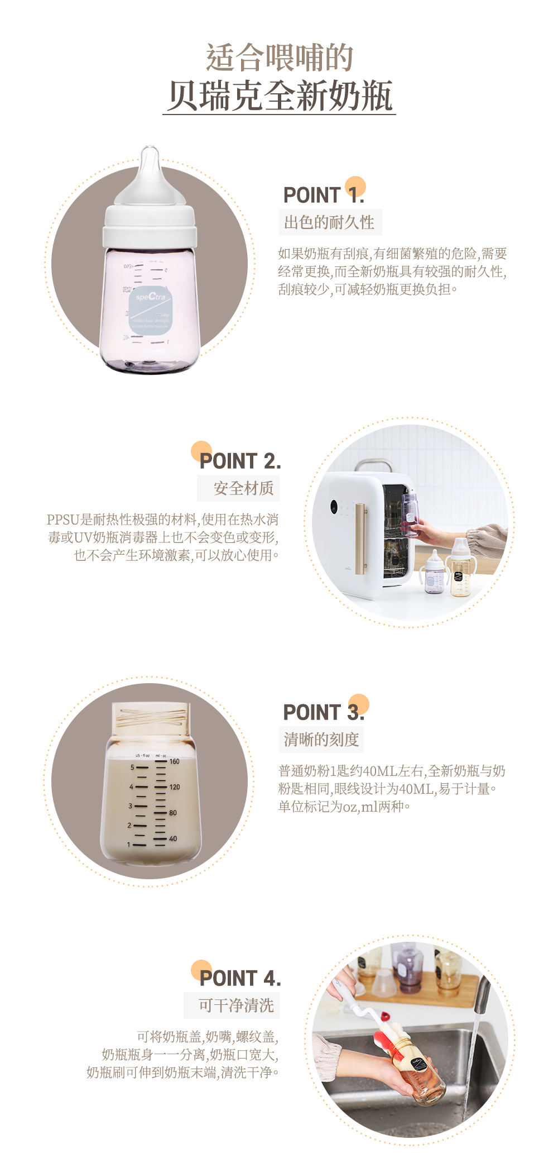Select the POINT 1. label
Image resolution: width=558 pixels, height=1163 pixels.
pyautogui.click(x=324, y=195)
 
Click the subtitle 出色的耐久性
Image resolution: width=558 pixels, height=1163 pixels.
pyautogui.click(x=329, y=222)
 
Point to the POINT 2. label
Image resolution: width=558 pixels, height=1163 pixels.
pyautogui.click(x=240, y=461)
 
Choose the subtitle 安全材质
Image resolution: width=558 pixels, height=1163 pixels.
pyautogui.click(x=243, y=488)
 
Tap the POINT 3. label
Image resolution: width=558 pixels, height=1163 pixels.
pyautogui.click(x=324, y=712)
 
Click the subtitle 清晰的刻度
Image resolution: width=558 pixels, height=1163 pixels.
pyautogui.click(x=321, y=740)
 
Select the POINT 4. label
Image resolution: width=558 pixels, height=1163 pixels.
pyautogui.click(x=240, y=978)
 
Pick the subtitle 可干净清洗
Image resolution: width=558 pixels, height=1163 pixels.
pyautogui.click(x=236, y=1005)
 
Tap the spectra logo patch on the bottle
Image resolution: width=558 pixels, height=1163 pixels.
pyautogui.click(x=151, y=311)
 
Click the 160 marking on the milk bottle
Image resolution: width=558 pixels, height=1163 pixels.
pyautogui.click(x=175, y=761)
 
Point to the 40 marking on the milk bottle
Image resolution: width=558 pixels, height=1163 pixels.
pyautogui.click(x=173, y=838)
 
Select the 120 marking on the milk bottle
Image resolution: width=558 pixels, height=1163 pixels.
pyautogui.click(x=175, y=787)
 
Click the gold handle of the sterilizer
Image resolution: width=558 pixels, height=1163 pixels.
pyautogui.click(x=360, y=539)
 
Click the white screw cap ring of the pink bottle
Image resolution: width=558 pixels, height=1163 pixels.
pyautogui.click(x=150, y=226)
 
